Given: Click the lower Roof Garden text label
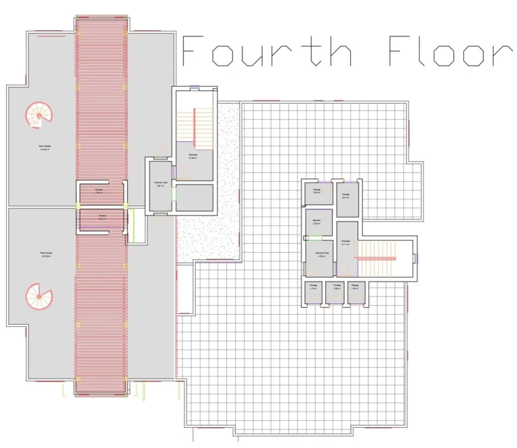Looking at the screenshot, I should [x=46, y=255].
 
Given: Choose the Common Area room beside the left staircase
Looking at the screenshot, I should [x=160, y=184].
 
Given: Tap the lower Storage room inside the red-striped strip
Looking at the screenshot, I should [x=101, y=218].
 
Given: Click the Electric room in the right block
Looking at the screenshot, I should [x=316, y=223].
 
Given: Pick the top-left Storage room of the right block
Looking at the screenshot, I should [x=316, y=193].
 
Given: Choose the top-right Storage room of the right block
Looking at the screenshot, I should [x=346, y=195].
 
